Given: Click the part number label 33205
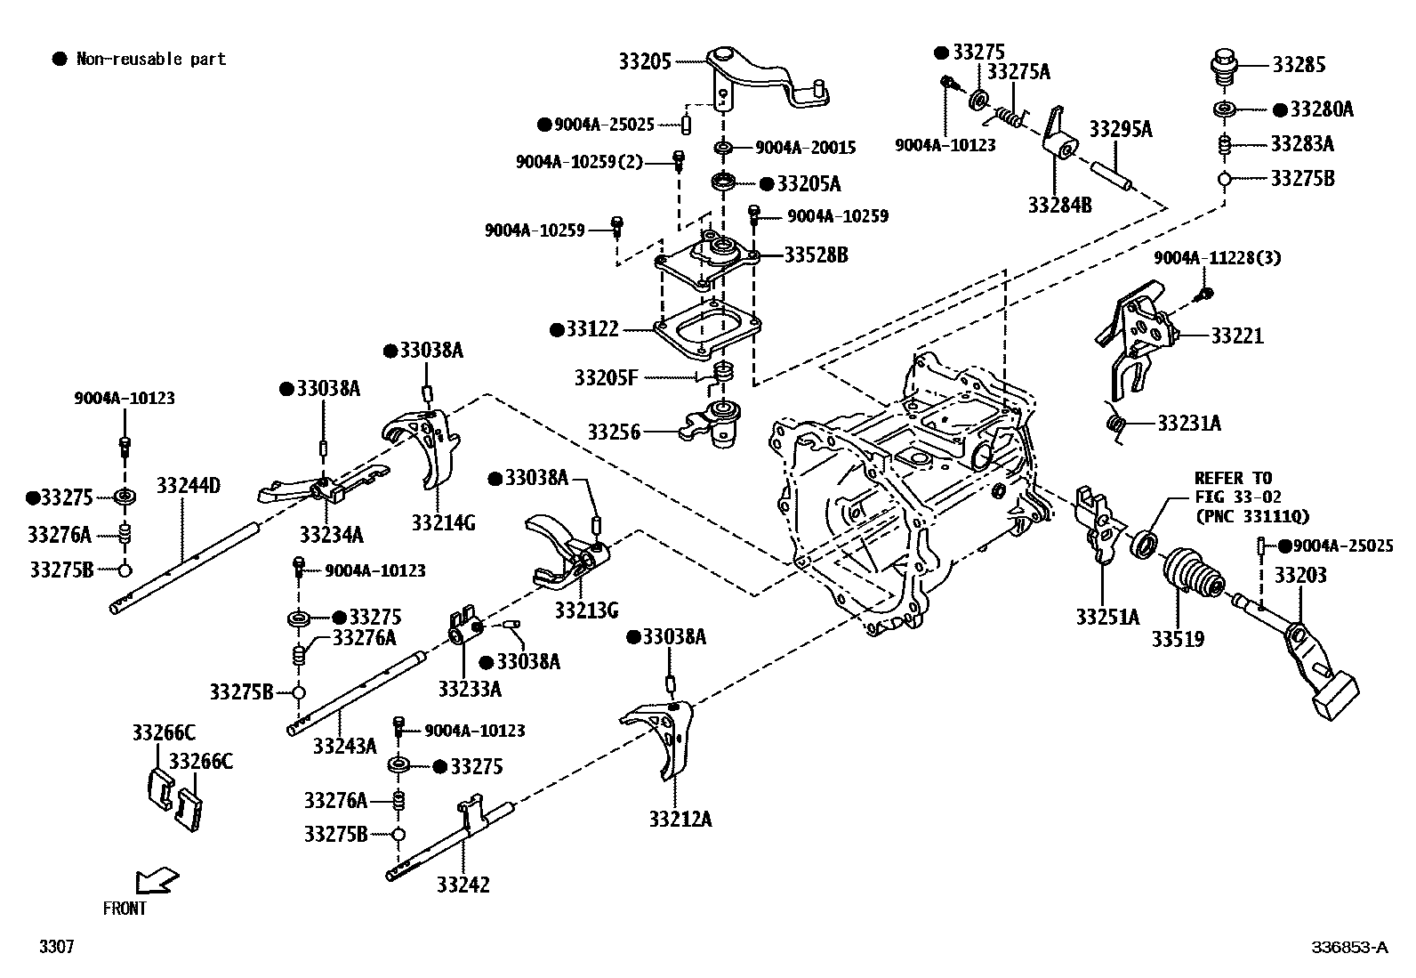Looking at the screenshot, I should point(646,61).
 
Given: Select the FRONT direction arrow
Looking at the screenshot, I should point(156,881).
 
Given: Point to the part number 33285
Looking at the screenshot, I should point(1299,64).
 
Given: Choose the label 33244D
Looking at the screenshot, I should point(188,486).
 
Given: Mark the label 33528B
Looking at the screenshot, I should point(816,255).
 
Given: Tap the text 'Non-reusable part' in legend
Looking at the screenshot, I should point(151,60).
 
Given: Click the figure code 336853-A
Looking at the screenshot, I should point(1348,947).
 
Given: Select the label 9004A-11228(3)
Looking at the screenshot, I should point(1217,258).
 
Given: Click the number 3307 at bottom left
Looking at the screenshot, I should point(56,947).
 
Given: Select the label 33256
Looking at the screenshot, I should point(614,432).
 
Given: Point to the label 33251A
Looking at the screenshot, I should point(1106,617).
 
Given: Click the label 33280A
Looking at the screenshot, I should point(1321,109).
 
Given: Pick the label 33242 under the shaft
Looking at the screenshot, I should point(463,885).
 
